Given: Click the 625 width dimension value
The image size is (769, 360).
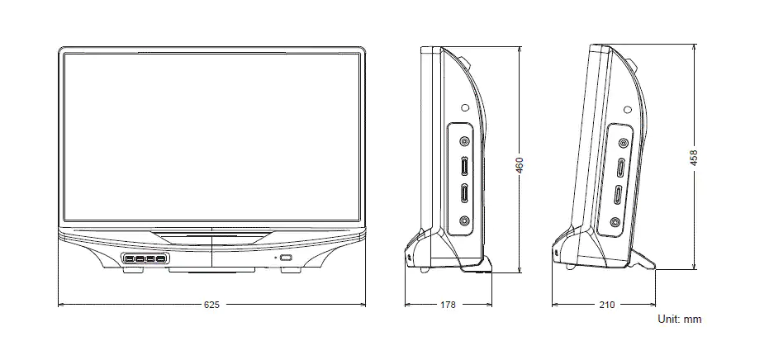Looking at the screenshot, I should [211, 306].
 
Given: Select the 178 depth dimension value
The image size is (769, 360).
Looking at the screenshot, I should [448, 306].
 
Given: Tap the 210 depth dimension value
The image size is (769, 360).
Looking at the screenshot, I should [605, 306].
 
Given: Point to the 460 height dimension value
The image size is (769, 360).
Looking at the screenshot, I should [519, 165].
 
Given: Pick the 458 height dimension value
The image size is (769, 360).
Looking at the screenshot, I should [694, 157].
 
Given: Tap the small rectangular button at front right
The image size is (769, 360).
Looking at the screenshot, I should [286, 259].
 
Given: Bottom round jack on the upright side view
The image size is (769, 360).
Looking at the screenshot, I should [464, 221].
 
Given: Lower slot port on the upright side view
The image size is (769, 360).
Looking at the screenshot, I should [464, 196].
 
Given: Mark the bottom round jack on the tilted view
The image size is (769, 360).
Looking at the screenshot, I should [615, 221].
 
